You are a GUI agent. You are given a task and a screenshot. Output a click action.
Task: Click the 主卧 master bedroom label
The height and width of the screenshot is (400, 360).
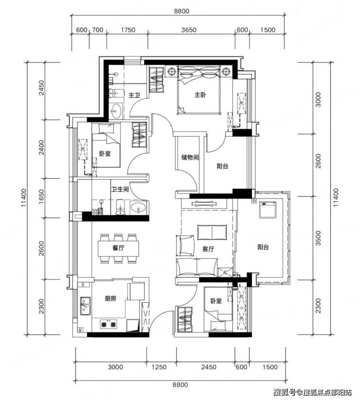[200, 95]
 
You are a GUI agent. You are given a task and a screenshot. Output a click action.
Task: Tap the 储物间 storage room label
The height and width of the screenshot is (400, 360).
[190, 157]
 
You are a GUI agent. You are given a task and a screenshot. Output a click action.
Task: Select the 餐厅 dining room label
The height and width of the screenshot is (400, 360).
[118, 248]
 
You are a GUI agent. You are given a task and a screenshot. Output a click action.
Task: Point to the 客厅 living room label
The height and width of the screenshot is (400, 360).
[208, 249]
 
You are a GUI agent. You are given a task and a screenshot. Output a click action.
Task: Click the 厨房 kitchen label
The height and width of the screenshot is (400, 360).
[110, 298]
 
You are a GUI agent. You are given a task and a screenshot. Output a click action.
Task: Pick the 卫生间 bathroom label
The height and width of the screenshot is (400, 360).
[120, 189]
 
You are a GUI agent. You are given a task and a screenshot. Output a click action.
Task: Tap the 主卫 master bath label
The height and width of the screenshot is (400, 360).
[134, 95]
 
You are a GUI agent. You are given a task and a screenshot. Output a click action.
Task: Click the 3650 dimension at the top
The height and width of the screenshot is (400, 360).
[189, 30]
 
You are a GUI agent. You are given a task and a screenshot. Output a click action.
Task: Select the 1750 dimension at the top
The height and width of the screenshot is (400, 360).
[128, 30]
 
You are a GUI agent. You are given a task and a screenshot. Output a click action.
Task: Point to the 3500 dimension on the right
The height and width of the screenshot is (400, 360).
[318, 238]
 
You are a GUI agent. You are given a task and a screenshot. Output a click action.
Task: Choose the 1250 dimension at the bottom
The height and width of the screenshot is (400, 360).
[159, 367]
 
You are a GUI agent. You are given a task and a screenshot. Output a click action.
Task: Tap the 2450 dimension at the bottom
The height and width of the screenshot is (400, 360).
[209, 367]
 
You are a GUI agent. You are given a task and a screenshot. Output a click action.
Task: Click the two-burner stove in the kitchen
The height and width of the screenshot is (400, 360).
[108, 324]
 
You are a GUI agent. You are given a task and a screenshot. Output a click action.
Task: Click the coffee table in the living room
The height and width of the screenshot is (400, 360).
[212, 232]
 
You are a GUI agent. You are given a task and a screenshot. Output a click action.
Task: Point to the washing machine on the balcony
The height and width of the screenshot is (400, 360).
[268, 210]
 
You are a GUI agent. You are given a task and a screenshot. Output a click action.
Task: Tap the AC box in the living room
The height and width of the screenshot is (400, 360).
[225, 272]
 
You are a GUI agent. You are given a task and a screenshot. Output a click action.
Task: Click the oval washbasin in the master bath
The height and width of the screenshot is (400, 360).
[117, 111]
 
